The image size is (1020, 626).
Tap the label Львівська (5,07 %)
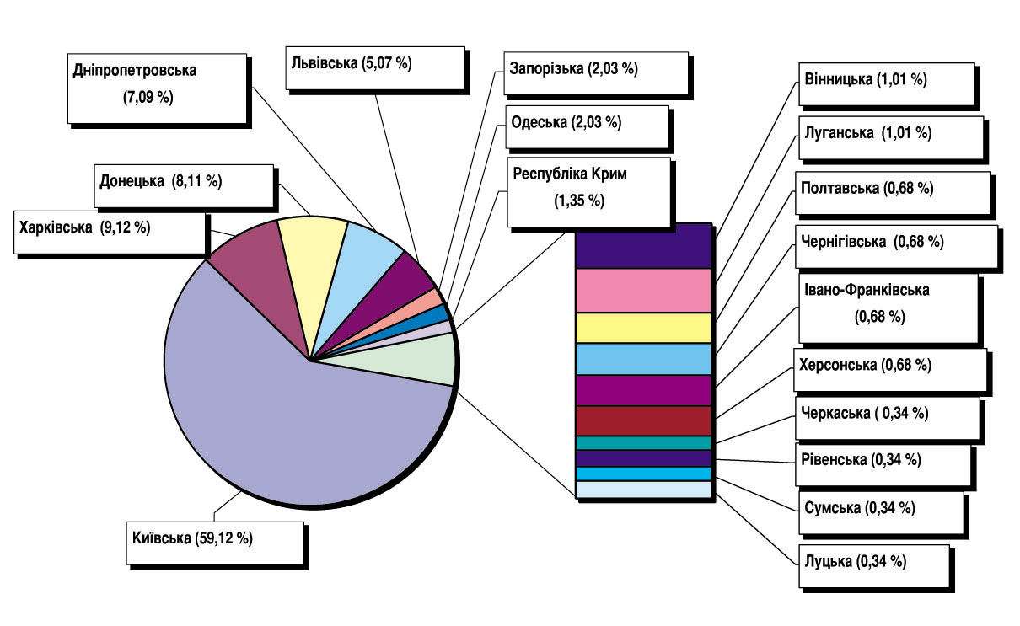375,67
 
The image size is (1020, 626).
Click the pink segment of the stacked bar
643,290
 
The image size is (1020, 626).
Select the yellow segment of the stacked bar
643,327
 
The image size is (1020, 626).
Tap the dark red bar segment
643,420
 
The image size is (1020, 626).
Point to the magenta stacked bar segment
643,390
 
